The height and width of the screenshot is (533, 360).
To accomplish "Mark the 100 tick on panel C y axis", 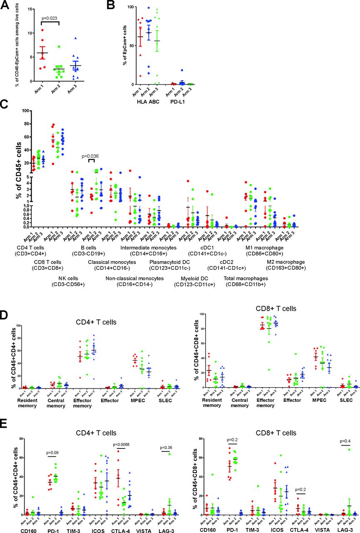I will tap(24, 111).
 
